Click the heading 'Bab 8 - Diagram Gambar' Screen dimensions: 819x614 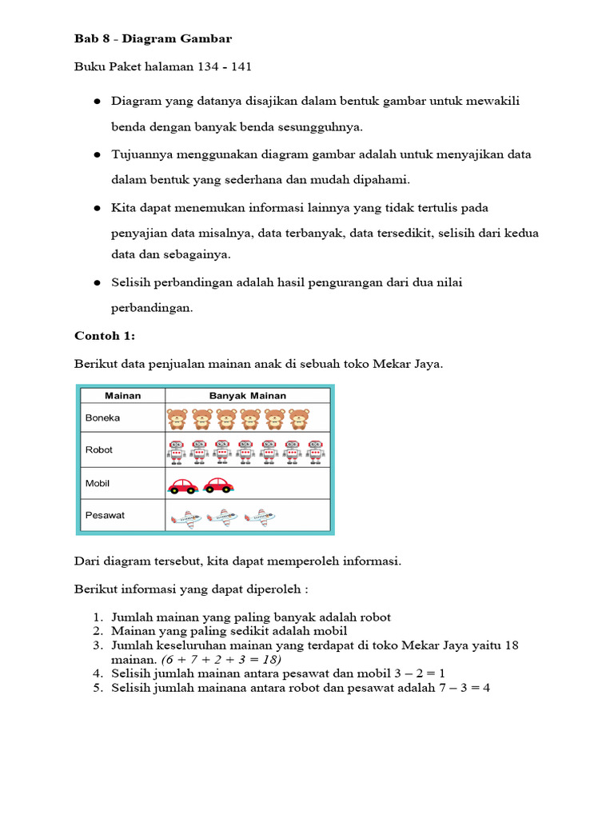153,38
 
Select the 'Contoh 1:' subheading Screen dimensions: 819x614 105,336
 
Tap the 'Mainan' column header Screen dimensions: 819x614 122,395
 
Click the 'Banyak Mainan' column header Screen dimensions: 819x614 247,395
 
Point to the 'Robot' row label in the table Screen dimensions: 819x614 99,449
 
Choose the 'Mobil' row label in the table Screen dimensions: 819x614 98,483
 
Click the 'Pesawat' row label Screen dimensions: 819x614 105,515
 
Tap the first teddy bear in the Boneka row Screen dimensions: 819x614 177,418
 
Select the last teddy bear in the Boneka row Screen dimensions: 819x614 299,418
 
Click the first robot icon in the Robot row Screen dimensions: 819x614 176,451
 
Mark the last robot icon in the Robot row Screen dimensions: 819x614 316,451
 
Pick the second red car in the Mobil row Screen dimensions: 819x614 218,485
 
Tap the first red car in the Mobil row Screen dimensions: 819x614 183,485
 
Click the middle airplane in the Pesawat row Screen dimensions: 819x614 222,517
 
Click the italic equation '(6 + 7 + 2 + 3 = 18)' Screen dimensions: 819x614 221,660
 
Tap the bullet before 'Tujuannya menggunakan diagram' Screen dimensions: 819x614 97,154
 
